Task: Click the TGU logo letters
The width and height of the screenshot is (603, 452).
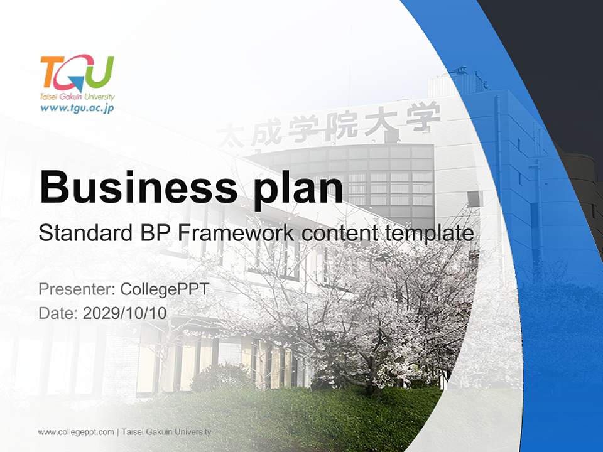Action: click(77, 73)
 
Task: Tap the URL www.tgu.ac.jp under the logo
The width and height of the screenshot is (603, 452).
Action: click(77, 108)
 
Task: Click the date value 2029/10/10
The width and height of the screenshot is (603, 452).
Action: click(125, 313)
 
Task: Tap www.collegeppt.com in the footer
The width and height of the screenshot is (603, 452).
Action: click(76, 432)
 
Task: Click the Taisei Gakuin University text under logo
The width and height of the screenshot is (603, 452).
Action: click(77, 97)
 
